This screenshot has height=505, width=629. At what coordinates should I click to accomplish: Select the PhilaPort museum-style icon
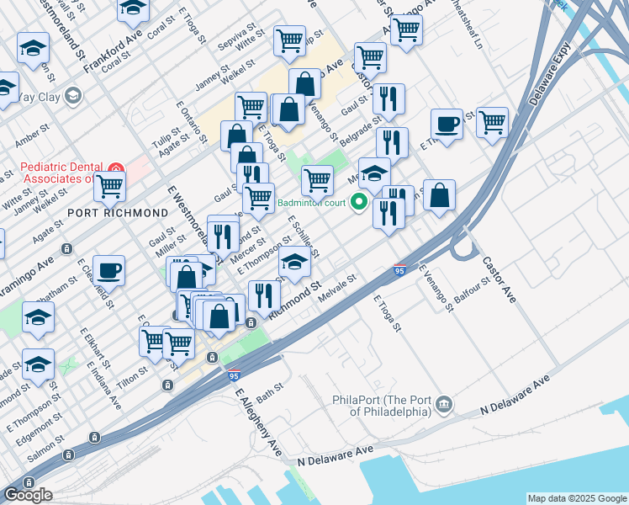point(443,406)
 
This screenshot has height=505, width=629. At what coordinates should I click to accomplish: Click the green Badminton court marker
point(359,201)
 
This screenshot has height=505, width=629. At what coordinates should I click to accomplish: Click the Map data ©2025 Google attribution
point(576,498)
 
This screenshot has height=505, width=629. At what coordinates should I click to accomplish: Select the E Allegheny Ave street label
point(256,422)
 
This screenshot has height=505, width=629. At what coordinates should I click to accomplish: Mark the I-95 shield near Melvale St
point(400,271)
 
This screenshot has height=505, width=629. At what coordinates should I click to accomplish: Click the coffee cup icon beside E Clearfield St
point(108,270)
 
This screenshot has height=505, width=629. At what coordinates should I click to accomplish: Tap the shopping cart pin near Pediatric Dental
point(109,189)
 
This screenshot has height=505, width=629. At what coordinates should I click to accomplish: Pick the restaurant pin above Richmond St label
point(265,295)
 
